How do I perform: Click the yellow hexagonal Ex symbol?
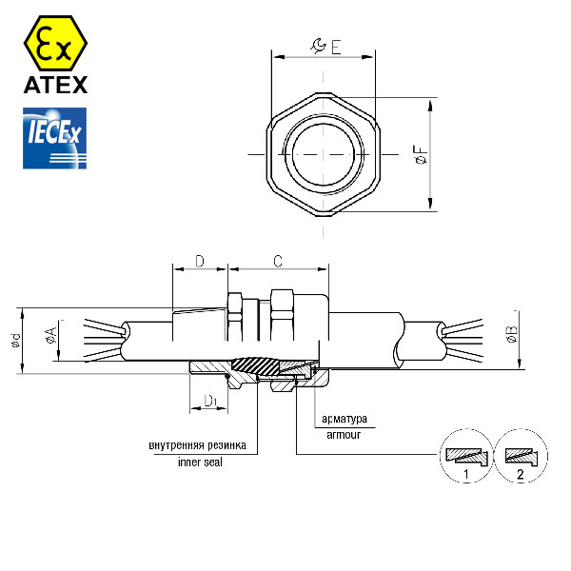point(55,43)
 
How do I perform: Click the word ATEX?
point(56,85)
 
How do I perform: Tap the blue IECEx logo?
point(54,138)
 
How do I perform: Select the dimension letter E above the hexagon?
point(336,47)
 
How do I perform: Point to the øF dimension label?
point(421,155)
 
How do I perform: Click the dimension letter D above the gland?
point(200,261)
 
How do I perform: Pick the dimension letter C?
point(278,261)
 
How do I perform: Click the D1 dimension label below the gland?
point(210,401)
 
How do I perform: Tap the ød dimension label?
point(16,341)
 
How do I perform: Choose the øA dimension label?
point(51,335)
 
